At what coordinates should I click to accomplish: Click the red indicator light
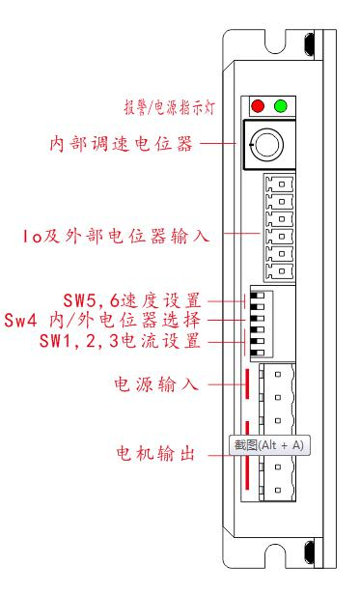tap(258, 105)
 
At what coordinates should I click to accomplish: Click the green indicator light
tap(281, 105)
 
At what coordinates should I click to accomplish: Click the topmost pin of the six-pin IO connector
tap(276, 184)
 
